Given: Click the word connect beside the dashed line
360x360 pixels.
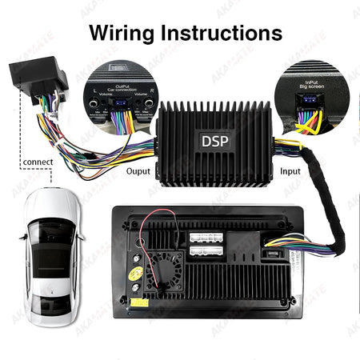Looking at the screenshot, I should point(38,162).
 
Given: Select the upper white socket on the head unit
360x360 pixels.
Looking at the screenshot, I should point(207,238).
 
